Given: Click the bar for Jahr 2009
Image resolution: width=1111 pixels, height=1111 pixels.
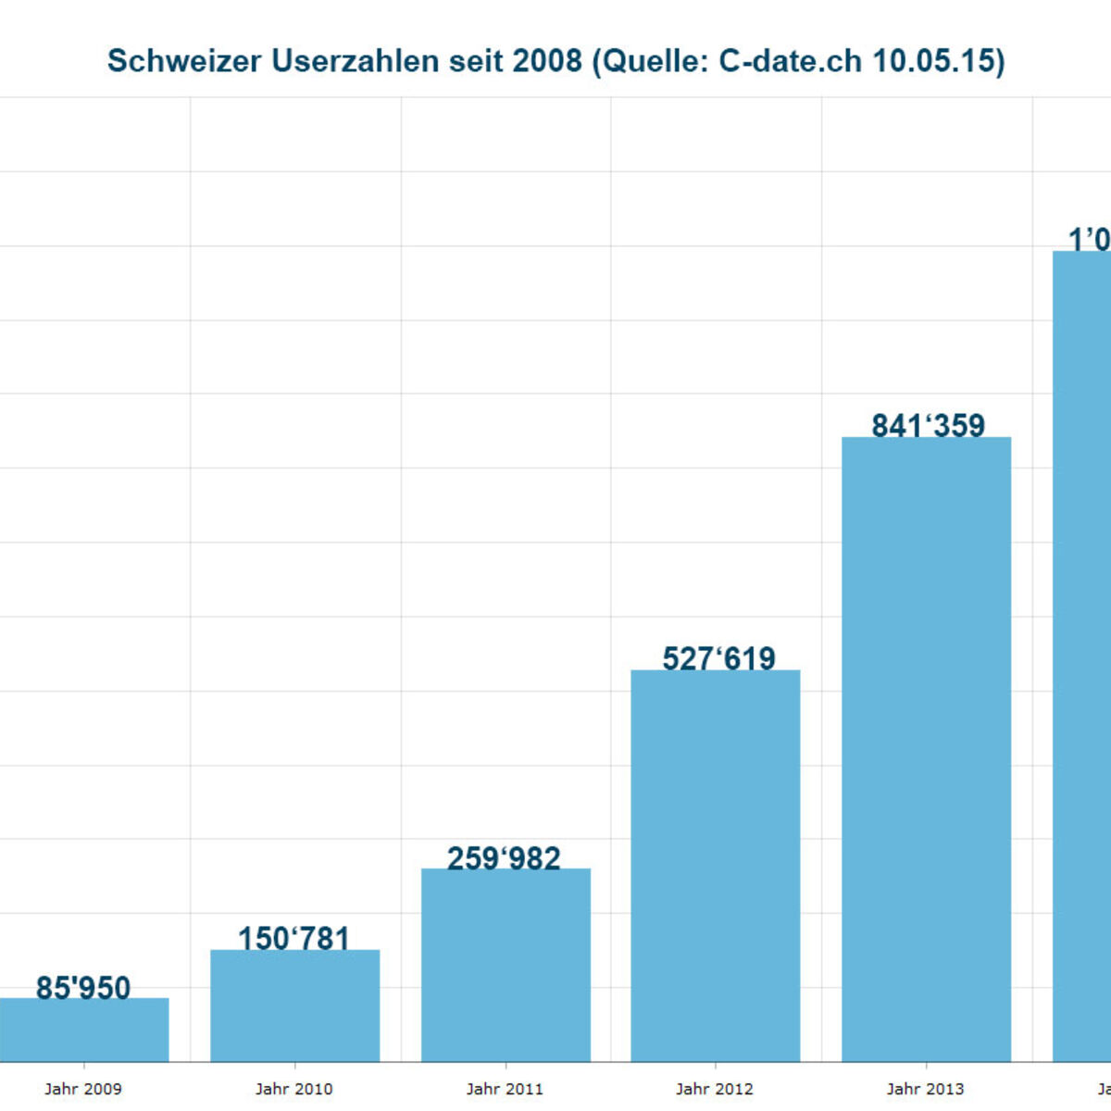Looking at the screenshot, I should pyautogui.click(x=83, y=1030).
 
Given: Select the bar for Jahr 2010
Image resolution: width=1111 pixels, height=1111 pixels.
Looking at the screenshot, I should pyautogui.click(x=294, y=1005).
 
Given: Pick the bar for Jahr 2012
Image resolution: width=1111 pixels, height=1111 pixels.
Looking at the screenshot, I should pyautogui.click(x=716, y=866).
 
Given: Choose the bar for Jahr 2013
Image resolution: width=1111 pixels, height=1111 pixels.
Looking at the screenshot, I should pyautogui.click(x=926, y=749).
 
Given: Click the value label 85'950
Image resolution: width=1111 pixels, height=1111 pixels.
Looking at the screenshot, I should pyautogui.click(x=83, y=988).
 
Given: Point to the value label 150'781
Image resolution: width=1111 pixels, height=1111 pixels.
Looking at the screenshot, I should pyautogui.click(x=294, y=939).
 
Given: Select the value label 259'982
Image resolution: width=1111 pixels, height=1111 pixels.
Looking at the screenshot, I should pyautogui.click(x=505, y=858).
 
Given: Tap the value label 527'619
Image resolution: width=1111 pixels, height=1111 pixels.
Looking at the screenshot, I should pyautogui.click(x=718, y=658).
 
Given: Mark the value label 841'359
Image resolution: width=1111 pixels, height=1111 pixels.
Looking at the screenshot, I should pyautogui.click(x=928, y=425).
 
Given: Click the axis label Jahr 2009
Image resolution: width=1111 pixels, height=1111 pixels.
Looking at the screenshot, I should pyautogui.click(x=83, y=1089).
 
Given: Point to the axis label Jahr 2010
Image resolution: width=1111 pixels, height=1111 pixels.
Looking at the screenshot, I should pyautogui.click(x=294, y=1089).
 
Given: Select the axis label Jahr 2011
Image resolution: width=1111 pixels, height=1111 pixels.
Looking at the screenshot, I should pyautogui.click(x=505, y=1089).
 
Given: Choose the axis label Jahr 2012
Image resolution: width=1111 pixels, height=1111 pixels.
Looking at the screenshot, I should pyautogui.click(x=715, y=1089).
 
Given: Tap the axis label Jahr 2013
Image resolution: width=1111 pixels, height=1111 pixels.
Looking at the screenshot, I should pyautogui.click(x=926, y=1089).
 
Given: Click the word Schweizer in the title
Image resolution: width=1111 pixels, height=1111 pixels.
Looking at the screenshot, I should pyautogui.click(x=184, y=61).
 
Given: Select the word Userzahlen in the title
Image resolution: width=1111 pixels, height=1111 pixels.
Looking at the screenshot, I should pyautogui.click(x=355, y=61).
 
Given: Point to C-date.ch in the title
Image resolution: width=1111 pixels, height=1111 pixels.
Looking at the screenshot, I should pyautogui.click(x=792, y=61).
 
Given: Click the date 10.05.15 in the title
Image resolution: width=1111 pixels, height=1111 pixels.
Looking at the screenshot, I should pyautogui.click(x=936, y=61).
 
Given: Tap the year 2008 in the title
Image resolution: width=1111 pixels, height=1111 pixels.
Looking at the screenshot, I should pyautogui.click(x=547, y=61).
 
